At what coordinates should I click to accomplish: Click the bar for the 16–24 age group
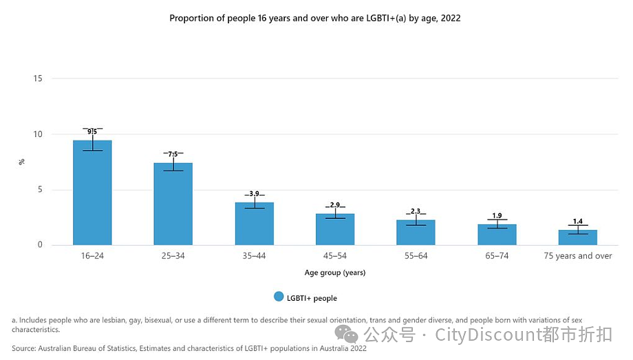coord(92,193)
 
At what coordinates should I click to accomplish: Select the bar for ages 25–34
coord(173,204)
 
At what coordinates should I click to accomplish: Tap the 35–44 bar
coord(255,224)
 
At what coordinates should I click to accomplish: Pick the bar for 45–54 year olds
coord(335,229)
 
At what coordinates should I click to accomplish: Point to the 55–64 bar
coord(416,233)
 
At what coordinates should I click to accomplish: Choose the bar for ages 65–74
coord(497,235)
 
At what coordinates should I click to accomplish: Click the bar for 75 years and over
coord(578,237)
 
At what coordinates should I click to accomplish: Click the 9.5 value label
coord(92,131)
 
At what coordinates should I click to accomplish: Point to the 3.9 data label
coord(255,194)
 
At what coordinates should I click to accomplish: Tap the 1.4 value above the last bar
coord(578,222)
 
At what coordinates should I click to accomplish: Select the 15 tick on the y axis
coord(38,78)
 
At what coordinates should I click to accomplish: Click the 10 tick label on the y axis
coord(38,134)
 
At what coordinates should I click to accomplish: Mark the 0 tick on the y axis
coord(40,244)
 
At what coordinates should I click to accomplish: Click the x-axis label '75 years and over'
coord(578,256)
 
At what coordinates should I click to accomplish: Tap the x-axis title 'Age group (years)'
coord(335,273)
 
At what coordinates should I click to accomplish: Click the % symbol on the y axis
coord(22,162)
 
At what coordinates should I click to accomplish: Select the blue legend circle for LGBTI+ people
coord(279,297)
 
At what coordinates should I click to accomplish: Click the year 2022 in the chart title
coord(451,18)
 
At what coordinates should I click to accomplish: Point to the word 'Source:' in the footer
coord(24,348)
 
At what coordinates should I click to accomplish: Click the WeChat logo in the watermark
coord(346,334)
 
